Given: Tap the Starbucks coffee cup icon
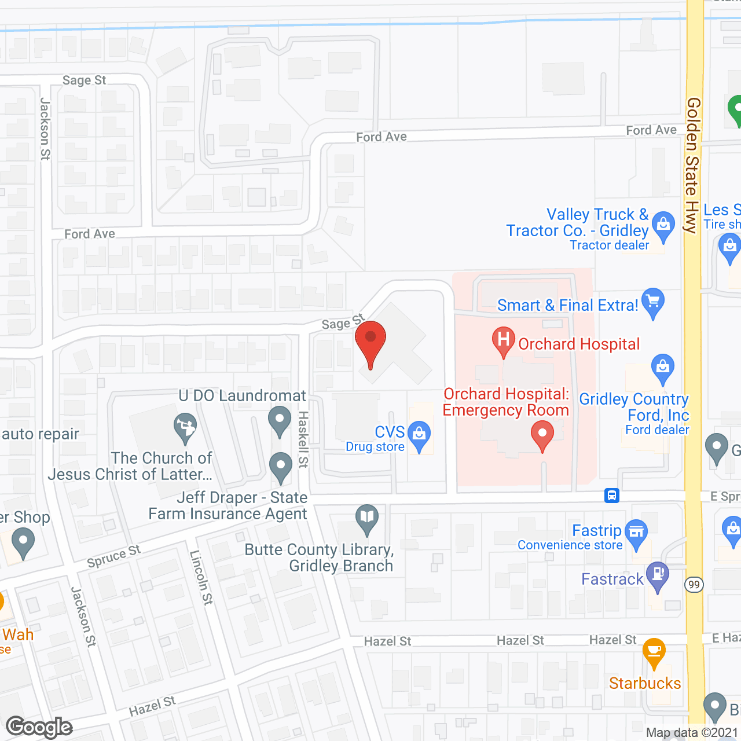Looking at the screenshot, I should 654,651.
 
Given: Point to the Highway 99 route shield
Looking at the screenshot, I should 694,585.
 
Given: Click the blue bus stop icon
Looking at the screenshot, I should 612,496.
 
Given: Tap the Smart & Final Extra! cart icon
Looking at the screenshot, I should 653,302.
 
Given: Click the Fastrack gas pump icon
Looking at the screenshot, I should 658,575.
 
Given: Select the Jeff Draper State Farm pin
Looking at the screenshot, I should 281,465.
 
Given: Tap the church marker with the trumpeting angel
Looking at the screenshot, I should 185,427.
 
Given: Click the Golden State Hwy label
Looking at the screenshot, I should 692,165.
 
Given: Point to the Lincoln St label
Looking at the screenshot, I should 201,577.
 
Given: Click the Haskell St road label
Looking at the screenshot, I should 303,439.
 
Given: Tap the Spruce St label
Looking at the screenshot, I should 113,556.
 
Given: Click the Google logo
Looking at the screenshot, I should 39,727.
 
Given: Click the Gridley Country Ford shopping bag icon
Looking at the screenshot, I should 663,368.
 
